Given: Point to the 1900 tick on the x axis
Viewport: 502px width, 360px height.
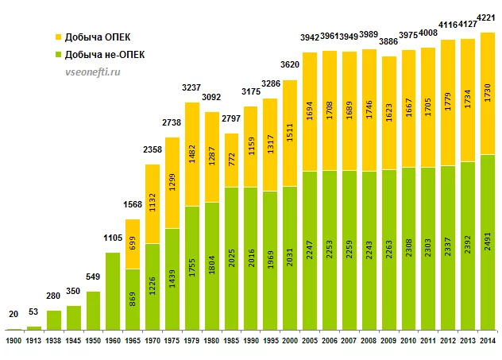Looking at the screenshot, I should click(x=14, y=341).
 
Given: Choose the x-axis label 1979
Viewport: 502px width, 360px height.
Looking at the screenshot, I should click(x=191, y=341).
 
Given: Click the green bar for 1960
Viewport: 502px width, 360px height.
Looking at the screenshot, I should click(x=113, y=290).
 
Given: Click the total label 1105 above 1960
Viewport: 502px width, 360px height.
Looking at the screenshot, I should click(x=113, y=238).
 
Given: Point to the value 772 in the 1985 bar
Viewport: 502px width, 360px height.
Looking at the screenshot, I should click(x=231, y=160).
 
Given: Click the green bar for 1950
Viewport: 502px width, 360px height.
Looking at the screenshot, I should click(x=93, y=310).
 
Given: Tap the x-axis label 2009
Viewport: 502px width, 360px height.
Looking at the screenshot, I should click(x=388, y=341).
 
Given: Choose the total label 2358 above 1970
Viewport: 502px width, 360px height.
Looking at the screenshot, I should click(x=153, y=151).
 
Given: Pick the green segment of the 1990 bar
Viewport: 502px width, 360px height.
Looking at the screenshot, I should click(x=250, y=258).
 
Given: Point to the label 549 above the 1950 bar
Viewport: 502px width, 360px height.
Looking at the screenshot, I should click(x=93, y=277).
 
